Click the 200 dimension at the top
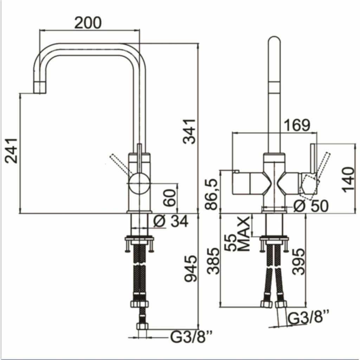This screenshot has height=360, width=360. pos(88,23)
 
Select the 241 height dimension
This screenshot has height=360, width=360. pos(12,150)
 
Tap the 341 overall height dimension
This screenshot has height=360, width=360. pos(189,131)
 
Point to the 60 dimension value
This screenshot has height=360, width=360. pos(170,198)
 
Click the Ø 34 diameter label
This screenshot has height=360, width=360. pos(171,221)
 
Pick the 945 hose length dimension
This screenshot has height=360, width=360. pos(191,269)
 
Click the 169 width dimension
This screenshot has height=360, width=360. pos(297,126)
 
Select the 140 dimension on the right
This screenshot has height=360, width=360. pos(348,180)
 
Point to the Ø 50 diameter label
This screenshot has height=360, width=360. pos(311,206)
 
